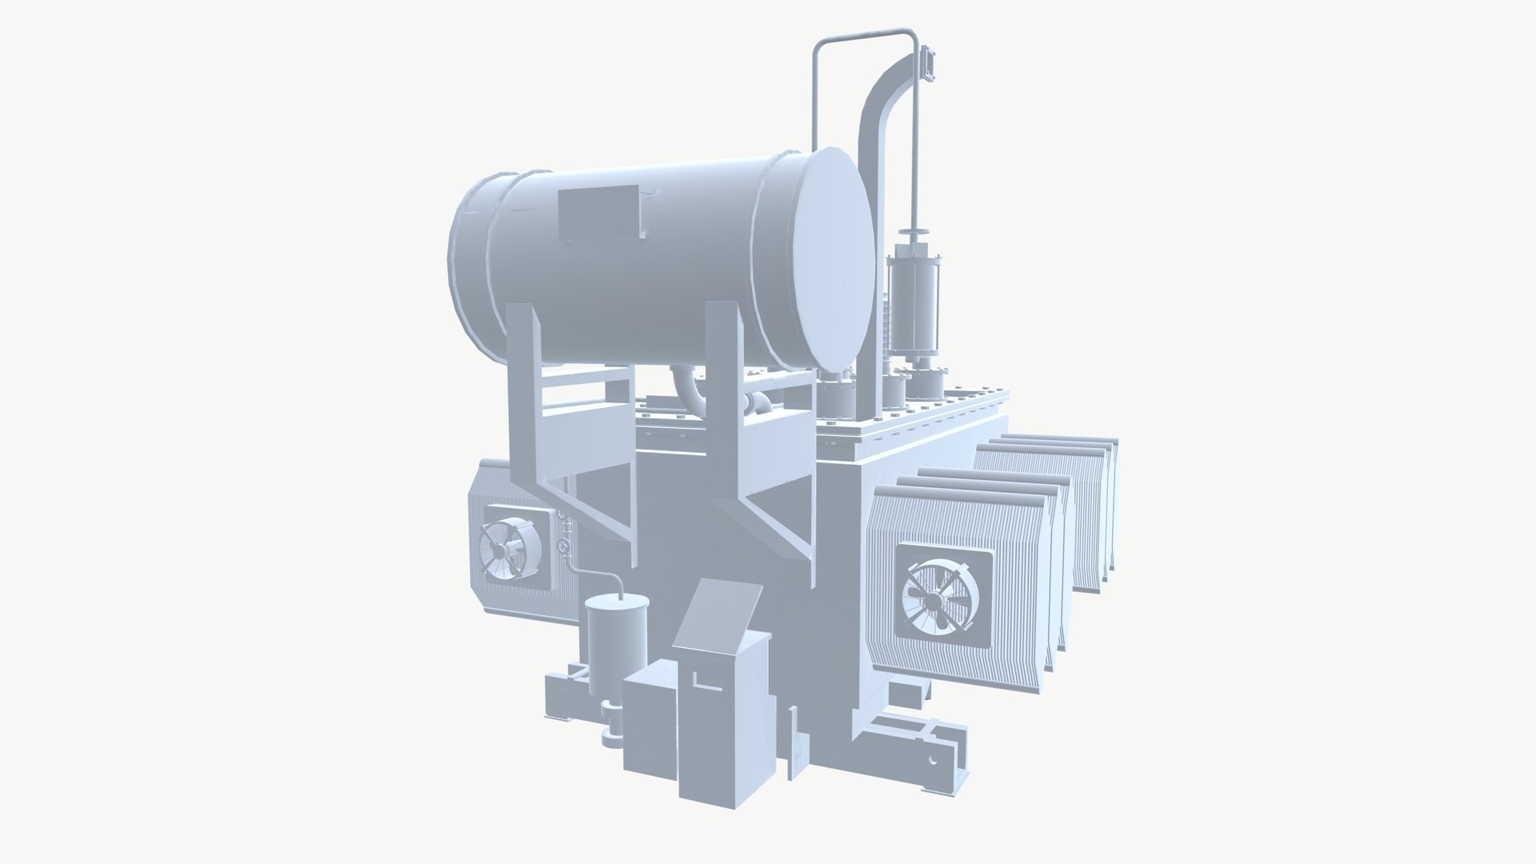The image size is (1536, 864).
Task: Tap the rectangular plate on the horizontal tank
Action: [600, 213]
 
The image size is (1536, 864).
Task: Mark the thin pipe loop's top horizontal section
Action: [864, 34]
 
